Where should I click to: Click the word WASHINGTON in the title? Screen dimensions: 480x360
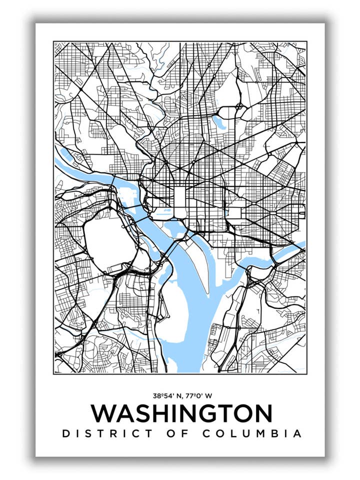point(181,414)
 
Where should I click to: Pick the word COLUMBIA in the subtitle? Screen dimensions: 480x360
point(252,433)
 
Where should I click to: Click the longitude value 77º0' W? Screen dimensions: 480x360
point(198,395)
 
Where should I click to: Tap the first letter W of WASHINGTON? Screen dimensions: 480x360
point(103,414)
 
